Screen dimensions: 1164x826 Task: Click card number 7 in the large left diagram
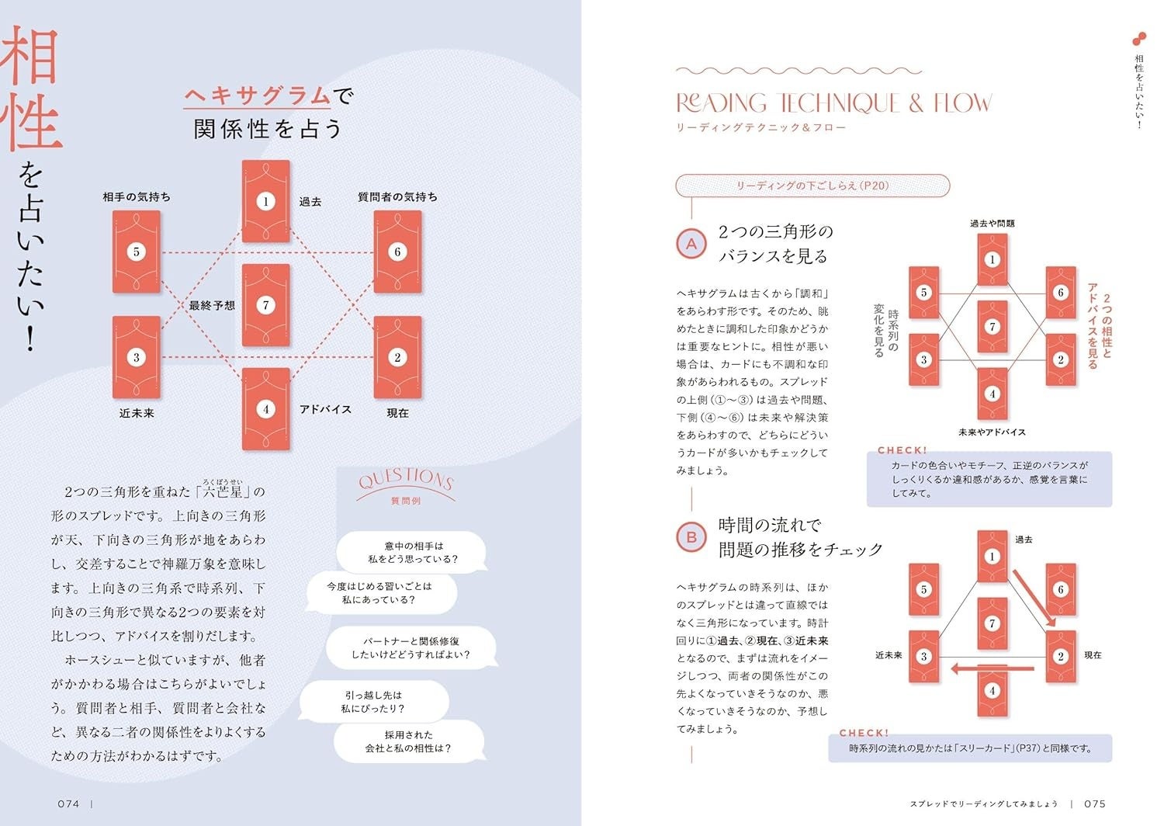pos(265,305)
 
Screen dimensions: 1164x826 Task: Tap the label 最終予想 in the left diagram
pos(212,306)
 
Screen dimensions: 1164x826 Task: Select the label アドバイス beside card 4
pos(325,409)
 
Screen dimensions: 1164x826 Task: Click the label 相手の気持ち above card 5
pos(137,197)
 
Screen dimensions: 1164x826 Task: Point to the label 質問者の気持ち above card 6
pos(397,197)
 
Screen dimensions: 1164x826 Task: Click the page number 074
pos(68,804)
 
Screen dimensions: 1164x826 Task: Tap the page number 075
pos(1095,804)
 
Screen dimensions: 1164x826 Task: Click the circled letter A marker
pos(691,244)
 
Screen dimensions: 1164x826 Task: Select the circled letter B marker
pos(691,537)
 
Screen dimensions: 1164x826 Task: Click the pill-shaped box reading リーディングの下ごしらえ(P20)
pos(812,186)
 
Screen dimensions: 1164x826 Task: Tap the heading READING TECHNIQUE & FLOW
pos(833,103)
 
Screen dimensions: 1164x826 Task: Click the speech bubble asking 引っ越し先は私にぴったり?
pos(373,702)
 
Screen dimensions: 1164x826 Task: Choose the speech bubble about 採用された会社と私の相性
pos(409,741)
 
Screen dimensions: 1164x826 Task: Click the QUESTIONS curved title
pos(405,480)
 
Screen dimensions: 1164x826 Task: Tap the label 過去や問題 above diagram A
pos(992,224)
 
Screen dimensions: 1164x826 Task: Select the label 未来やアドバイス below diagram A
pos(992,432)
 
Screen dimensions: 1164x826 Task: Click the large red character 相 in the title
pos(31,56)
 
